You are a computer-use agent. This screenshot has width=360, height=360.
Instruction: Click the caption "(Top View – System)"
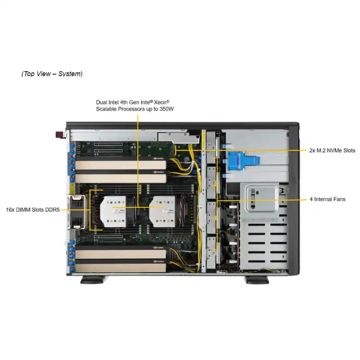tap(52, 74)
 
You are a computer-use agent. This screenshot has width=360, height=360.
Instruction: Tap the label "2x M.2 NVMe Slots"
tap(332, 150)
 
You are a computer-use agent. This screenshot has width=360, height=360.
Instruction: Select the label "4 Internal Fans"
tap(328, 199)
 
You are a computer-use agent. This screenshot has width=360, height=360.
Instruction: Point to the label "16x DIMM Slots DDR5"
tap(32, 210)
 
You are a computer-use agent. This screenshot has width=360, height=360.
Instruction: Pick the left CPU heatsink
tap(113, 211)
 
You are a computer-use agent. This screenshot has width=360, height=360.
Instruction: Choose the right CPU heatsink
tap(162, 211)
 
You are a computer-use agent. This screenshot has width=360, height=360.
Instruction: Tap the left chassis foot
tap(93, 279)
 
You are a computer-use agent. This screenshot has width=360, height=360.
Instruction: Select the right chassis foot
tap(257, 279)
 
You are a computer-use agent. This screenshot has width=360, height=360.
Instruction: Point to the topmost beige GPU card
tap(121, 165)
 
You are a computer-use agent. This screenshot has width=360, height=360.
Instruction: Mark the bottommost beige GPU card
tap(121, 268)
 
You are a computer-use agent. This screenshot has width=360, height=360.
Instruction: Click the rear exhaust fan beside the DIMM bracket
tap(76, 211)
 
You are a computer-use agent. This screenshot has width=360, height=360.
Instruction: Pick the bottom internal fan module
tap(211, 253)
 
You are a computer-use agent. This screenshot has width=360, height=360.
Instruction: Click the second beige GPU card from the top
tap(121, 178)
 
